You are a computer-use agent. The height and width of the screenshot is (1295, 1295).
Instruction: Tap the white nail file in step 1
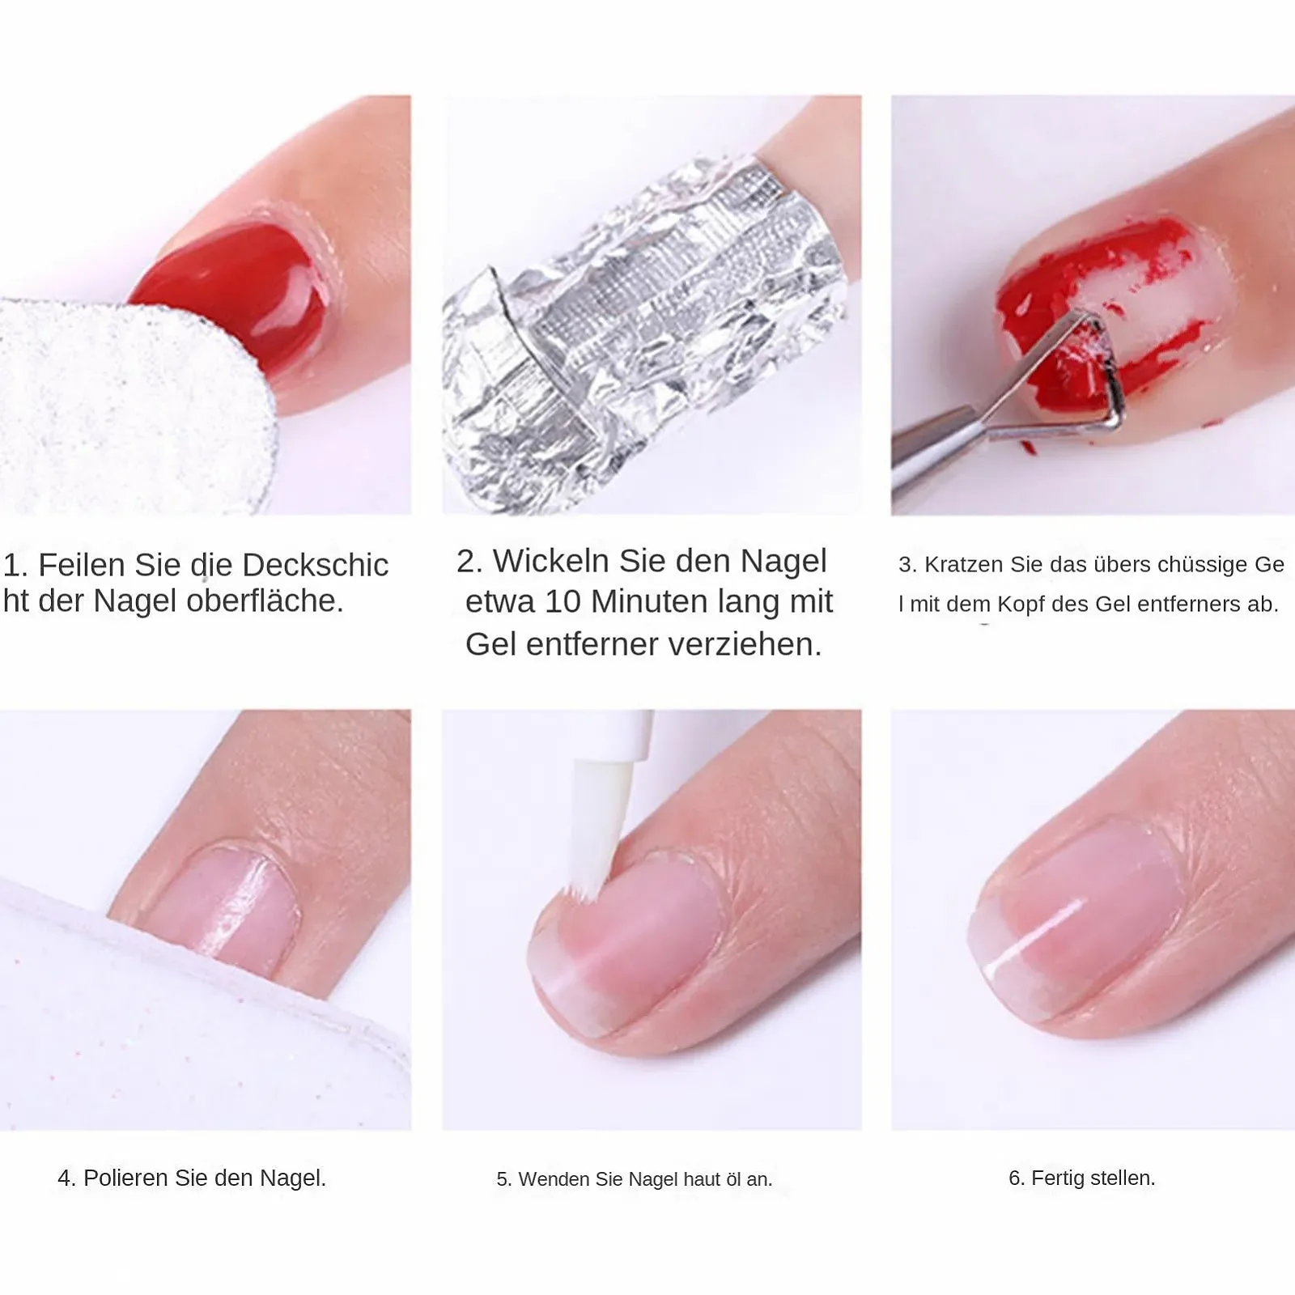click(129, 405)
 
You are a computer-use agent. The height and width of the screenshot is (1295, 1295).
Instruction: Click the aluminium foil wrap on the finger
click(639, 332)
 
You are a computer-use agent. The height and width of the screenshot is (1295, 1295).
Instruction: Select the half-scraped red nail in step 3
click(1109, 316)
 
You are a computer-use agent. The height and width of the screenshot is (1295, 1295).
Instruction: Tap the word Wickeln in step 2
click(551, 561)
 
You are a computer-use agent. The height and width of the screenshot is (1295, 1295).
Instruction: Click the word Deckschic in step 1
click(316, 565)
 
